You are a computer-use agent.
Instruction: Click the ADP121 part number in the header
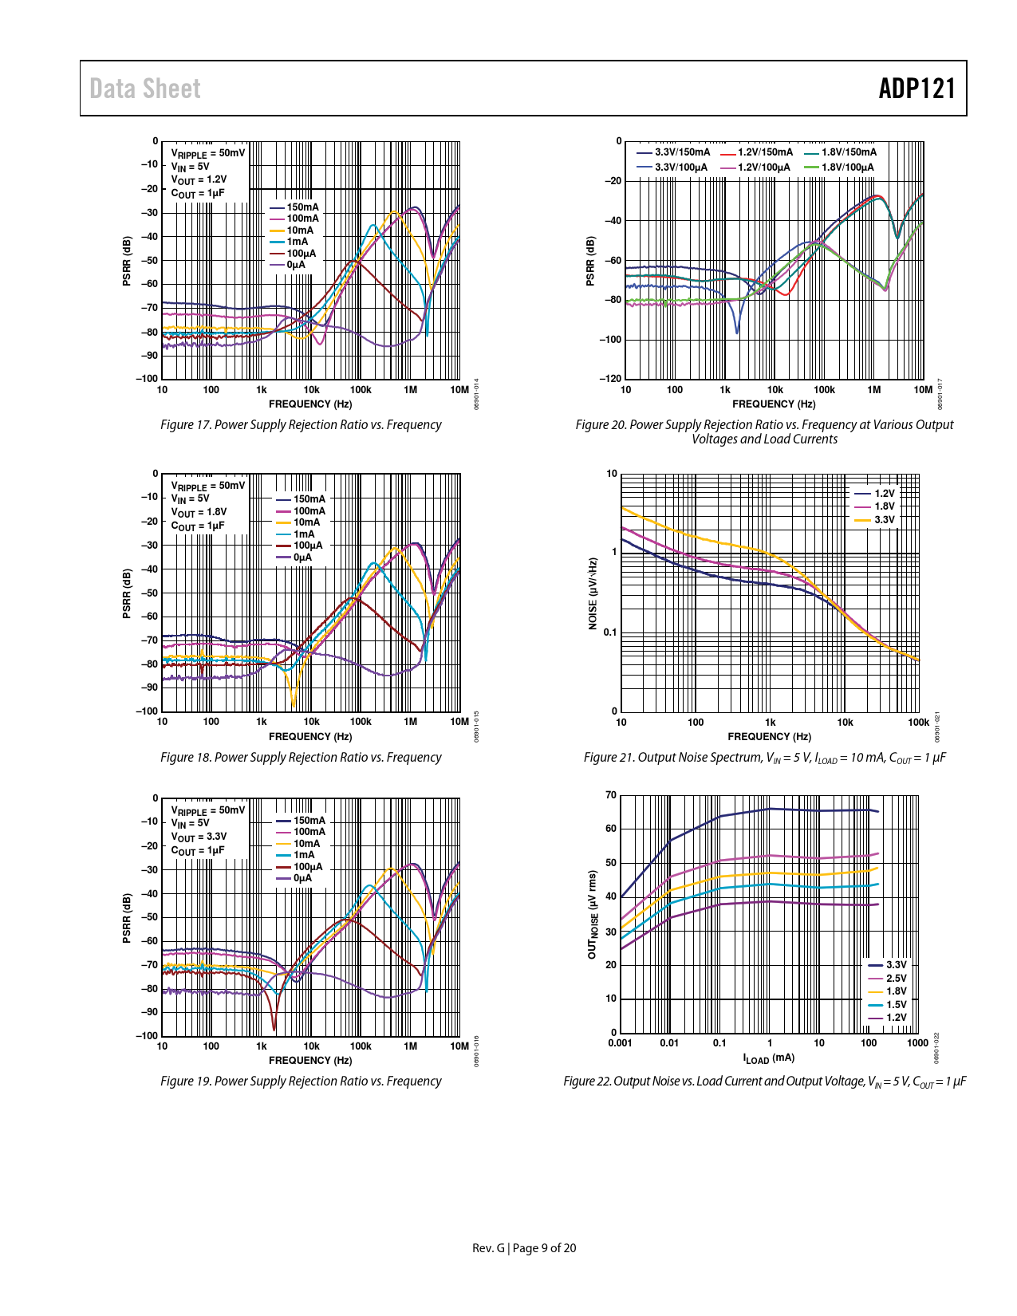(916, 89)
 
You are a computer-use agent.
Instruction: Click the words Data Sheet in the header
(144, 89)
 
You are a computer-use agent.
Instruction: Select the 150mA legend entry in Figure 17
(302, 207)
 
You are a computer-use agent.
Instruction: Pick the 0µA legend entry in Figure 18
(302, 558)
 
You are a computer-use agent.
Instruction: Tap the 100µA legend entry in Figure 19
(308, 867)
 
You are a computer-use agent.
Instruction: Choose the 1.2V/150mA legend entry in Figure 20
(765, 152)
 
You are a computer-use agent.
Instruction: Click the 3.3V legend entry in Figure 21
(884, 520)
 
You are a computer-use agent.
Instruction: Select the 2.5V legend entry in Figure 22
(896, 979)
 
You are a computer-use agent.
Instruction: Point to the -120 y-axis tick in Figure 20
(610, 379)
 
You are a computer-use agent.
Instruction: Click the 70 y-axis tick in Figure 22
(611, 795)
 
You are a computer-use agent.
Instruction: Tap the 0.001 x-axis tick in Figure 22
(620, 1043)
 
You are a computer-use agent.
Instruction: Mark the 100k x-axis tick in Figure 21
(918, 723)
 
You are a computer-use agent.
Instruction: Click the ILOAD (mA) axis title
(768, 1058)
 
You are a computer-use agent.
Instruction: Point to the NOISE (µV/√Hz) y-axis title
(593, 593)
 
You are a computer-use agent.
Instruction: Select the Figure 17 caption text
(301, 425)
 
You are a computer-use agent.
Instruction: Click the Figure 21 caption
(764, 758)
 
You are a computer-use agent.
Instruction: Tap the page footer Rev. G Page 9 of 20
(524, 1248)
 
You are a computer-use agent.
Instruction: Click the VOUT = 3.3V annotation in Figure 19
(199, 837)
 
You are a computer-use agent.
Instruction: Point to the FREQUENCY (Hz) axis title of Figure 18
(310, 736)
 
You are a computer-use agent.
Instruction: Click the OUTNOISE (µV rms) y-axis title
(593, 915)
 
